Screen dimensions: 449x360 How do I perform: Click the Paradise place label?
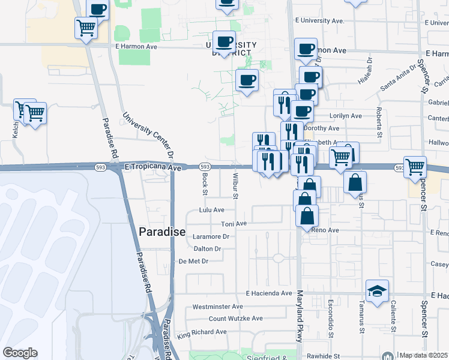pyautogui.click(x=162, y=232)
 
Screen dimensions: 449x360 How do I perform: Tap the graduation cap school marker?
pyautogui.click(x=377, y=292)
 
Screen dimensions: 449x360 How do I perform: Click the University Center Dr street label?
pyautogui.click(x=148, y=136)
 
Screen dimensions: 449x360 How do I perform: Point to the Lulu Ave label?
pyautogui.click(x=212, y=210)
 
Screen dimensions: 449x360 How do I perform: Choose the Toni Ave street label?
pyautogui.click(x=234, y=224)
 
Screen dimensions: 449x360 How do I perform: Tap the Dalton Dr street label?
pyautogui.click(x=208, y=248)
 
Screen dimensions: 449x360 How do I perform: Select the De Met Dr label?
pyautogui.click(x=193, y=261)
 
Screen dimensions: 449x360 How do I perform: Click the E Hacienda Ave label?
pyautogui.click(x=270, y=293)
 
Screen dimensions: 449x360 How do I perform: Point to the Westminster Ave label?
pyautogui.click(x=218, y=307)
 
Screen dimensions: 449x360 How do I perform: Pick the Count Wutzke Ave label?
pyautogui.click(x=236, y=319)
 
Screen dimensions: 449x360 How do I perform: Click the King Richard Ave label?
pyautogui.click(x=202, y=331)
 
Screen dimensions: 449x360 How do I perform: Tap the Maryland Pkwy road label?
pyautogui.click(x=300, y=316)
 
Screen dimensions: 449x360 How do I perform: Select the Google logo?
pyautogui.click(x=20, y=353)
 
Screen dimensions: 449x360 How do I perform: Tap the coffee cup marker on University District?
pyautogui.click(x=224, y=42)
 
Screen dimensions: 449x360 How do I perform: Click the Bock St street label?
pyautogui.click(x=205, y=184)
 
